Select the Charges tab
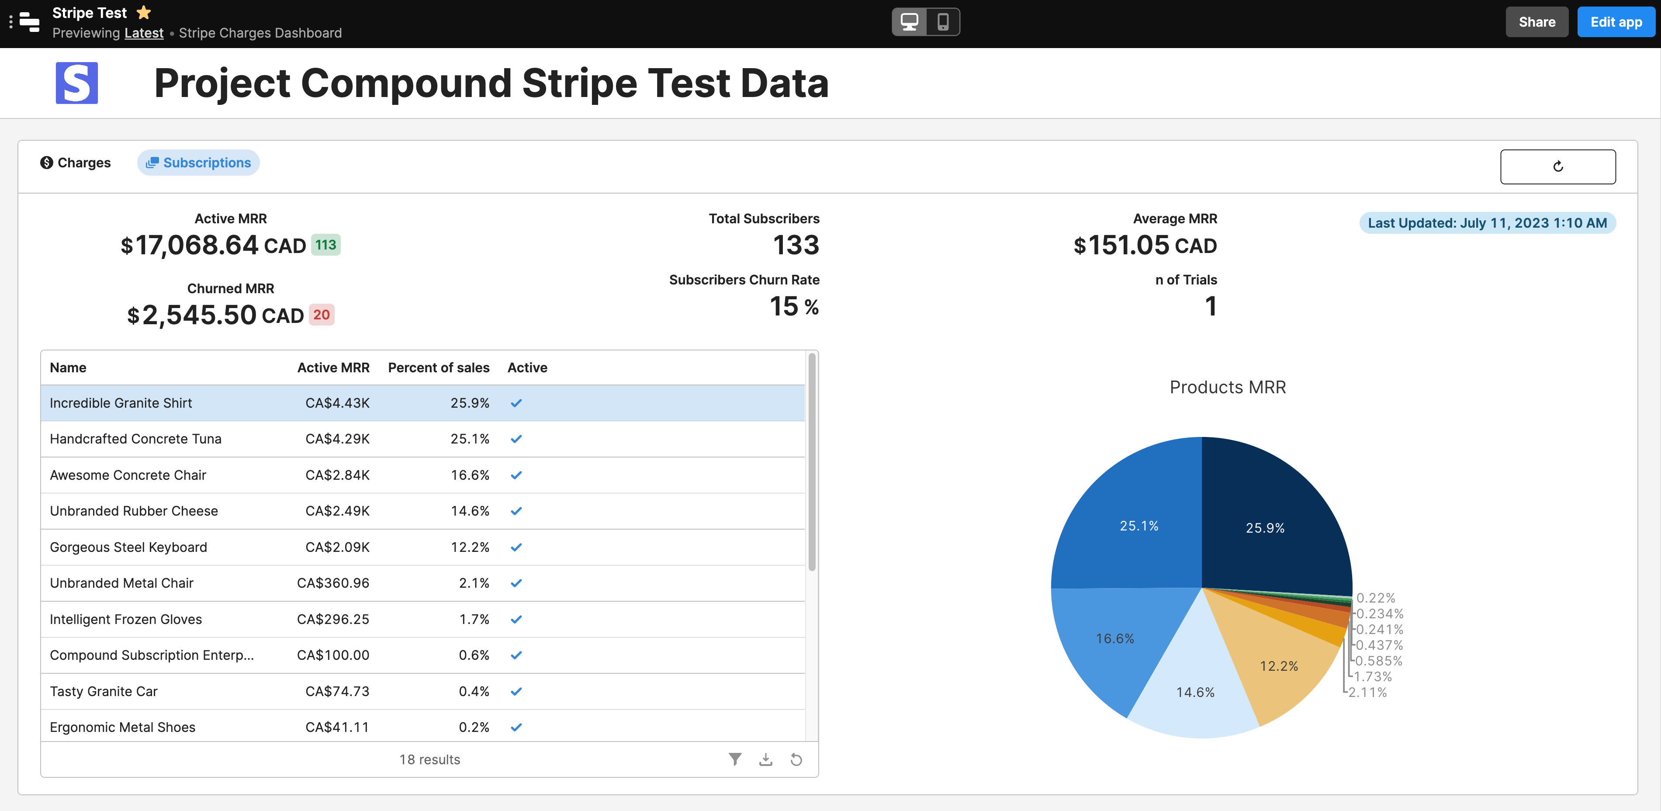coord(76,163)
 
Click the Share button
coord(1536,22)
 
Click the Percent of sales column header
coord(439,367)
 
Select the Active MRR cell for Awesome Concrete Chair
coord(337,475)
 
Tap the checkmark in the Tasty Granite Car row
coord(516,692)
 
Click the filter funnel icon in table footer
coord(734,759)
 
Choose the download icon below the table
coord(765,759)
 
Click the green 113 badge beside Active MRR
coord(325,245)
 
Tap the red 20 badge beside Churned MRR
coord(321,315)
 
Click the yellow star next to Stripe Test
coord(144,12)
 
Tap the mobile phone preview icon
coord(943,22)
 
